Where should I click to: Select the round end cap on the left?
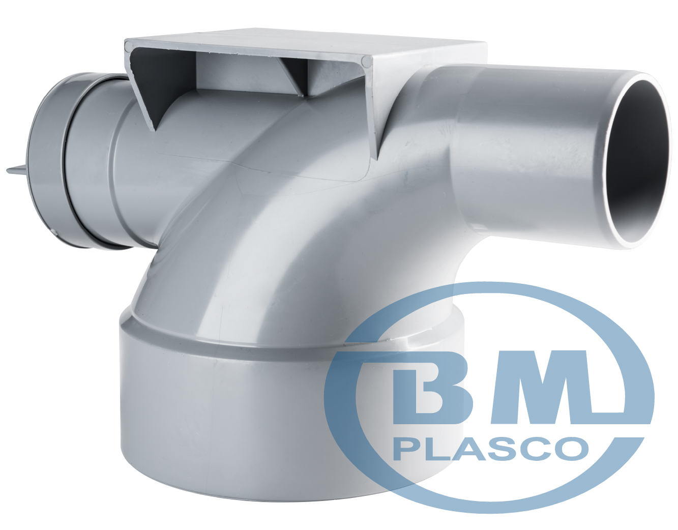(47, 160)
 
